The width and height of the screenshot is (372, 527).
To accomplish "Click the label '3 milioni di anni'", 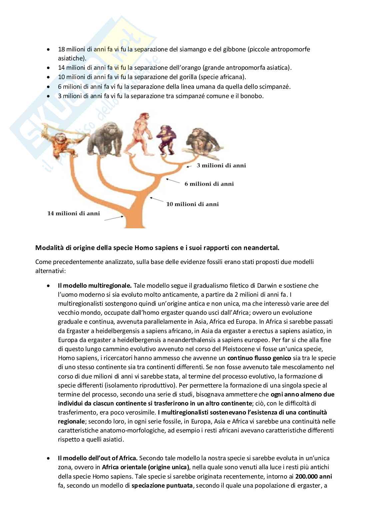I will coord(221,165).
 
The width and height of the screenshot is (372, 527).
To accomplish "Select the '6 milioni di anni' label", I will coord(209,184).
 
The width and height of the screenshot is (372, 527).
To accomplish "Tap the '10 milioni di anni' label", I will coord(192,204).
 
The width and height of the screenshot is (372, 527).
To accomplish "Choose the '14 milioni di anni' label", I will coord(73,213).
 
